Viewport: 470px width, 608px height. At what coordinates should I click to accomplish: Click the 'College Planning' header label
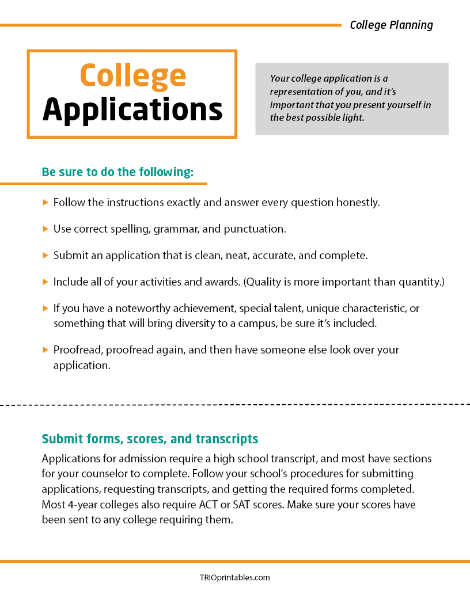point(391,25)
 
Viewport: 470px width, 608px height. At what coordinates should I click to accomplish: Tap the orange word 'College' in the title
point(132,75)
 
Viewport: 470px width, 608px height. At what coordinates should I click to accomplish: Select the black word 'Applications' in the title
point(132,109)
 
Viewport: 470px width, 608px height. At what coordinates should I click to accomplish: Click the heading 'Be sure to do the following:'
point(117,172)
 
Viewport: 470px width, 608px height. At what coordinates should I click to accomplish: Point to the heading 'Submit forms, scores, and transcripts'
point(150,439)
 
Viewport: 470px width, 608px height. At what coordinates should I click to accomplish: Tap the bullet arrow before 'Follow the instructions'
point(46,203)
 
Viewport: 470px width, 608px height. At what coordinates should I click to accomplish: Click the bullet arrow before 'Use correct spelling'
point(46,229)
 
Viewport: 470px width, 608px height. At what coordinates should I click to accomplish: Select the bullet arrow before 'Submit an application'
point(46,255)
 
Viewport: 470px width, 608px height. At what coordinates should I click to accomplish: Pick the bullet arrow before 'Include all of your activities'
point(46,282)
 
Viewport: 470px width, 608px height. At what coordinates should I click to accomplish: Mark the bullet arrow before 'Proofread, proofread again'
point(46,349)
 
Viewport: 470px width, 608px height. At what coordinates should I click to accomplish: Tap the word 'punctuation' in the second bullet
point(253,229)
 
